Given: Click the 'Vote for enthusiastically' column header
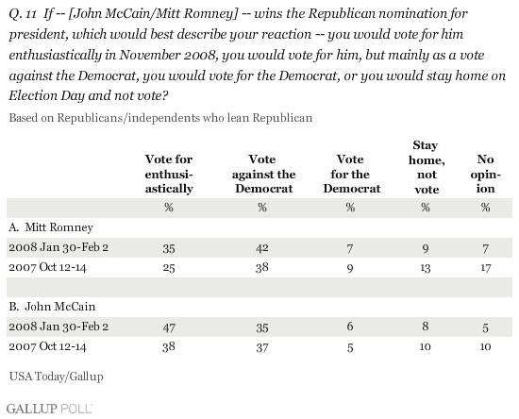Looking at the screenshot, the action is pos(169,174).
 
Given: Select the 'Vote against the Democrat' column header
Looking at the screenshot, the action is pos(263,174).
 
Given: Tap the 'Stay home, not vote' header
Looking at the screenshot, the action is pos(427,167).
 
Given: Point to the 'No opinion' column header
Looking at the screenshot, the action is pos(486,174).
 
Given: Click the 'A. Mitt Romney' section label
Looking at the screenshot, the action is pos(51,227).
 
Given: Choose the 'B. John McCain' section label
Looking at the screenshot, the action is pos(52,307).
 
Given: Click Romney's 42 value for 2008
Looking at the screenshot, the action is pos(261,248).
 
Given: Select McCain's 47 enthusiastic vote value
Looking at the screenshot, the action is pos(169,327).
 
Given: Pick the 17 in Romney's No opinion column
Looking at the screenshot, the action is pos(486,267).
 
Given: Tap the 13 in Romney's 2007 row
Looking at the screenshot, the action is pos(426,267).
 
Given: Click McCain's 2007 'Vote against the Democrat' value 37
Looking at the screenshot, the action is pos(261,347).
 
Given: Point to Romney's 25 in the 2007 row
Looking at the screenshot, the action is pos(169,267).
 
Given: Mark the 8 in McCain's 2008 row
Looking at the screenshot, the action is pos(426,327).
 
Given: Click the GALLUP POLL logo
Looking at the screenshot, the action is pos(49,409).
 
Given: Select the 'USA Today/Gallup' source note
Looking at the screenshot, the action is pos(57,377).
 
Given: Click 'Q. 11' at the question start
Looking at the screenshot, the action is pos(23,14).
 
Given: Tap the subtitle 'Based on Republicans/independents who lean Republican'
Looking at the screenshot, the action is pos(160,118).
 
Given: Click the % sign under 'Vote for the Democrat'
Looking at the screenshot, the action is pos(350,208).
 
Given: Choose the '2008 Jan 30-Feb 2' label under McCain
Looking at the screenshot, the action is pos(59,327).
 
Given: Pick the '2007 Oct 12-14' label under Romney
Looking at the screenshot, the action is pos(47,267).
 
